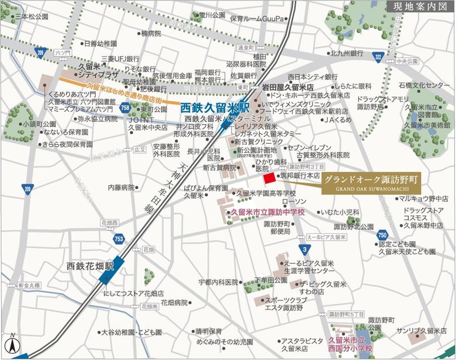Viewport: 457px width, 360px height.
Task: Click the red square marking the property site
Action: tap(269, 177)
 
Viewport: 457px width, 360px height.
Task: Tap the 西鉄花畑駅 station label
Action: tap(90, 266)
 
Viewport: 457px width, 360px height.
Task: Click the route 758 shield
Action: tap(126, 107)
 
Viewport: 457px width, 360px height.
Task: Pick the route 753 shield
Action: tap(119, 238)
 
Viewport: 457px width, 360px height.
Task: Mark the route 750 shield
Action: tap(383, 235)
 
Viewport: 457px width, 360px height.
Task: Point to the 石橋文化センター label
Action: tap(424, 85)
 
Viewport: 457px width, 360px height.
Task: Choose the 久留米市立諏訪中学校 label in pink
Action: tap(268, 211)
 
